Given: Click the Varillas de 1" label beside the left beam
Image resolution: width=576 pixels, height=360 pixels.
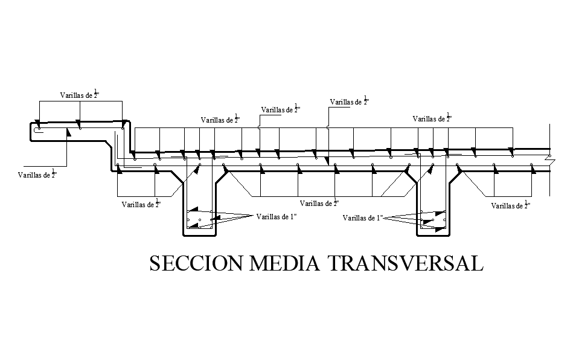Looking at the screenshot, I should click(277, 216).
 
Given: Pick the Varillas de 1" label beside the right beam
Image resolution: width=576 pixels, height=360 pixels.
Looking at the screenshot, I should click(363, 217).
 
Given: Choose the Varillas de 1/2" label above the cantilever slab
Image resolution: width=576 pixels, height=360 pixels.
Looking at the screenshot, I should click(79, 94).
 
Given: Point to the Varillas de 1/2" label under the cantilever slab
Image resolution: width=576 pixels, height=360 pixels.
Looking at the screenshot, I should click(37, 175).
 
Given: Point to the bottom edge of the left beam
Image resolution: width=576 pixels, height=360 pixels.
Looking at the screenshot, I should click(199, 234).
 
